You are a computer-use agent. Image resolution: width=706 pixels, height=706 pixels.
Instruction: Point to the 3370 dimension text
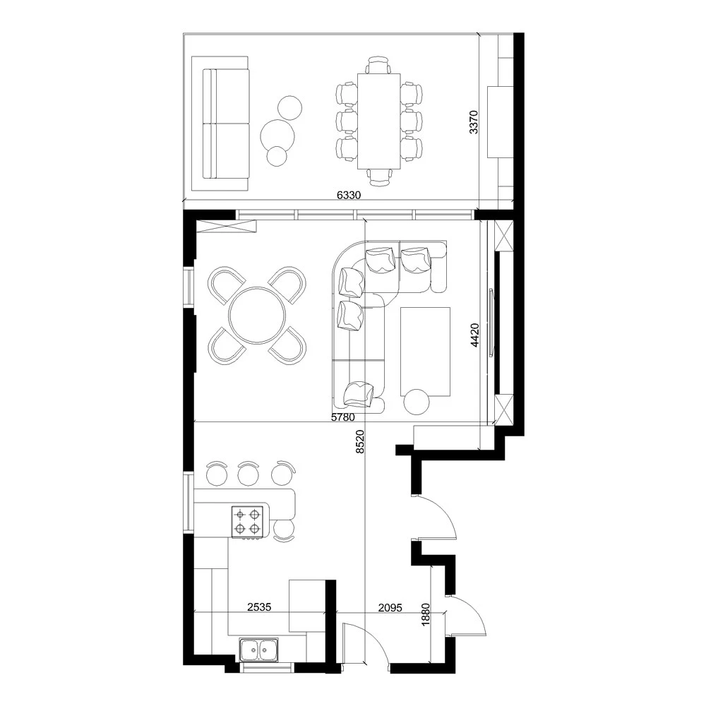coord(474,122)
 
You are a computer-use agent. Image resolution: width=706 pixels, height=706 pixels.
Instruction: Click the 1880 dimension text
coord(424,611)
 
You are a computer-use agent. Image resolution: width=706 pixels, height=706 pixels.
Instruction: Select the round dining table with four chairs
coord(257,315)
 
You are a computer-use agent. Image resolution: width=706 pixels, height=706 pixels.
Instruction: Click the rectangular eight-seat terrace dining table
coord(379,121)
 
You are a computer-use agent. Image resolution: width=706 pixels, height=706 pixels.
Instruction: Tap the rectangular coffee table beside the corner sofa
coord(425,351)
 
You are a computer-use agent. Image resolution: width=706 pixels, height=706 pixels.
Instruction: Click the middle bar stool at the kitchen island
coord(247,473)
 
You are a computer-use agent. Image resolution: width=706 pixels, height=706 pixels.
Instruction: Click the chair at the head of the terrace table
coord(379,66)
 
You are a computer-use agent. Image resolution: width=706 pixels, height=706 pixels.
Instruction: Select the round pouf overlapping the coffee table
coord(417,402)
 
